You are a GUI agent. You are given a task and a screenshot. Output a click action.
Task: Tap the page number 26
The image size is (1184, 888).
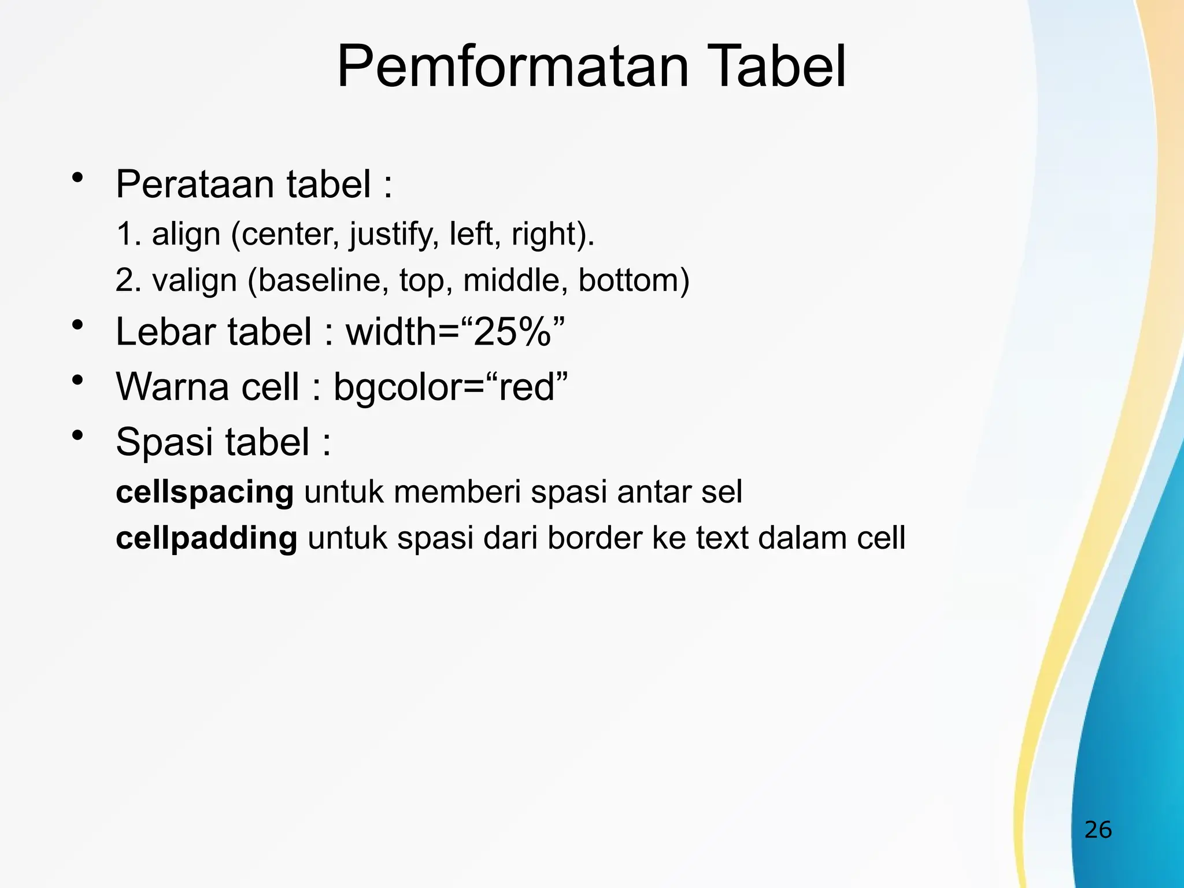pos(1098,830)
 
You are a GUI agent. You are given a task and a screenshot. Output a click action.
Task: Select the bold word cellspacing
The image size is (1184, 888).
pos(205,493)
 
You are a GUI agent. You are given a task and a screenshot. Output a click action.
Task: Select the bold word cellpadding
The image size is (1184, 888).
pos(206,539)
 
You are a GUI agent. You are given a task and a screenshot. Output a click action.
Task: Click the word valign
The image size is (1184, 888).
pos(195,281)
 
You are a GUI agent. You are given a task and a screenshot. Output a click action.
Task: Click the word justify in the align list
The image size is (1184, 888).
pos(391,235)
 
